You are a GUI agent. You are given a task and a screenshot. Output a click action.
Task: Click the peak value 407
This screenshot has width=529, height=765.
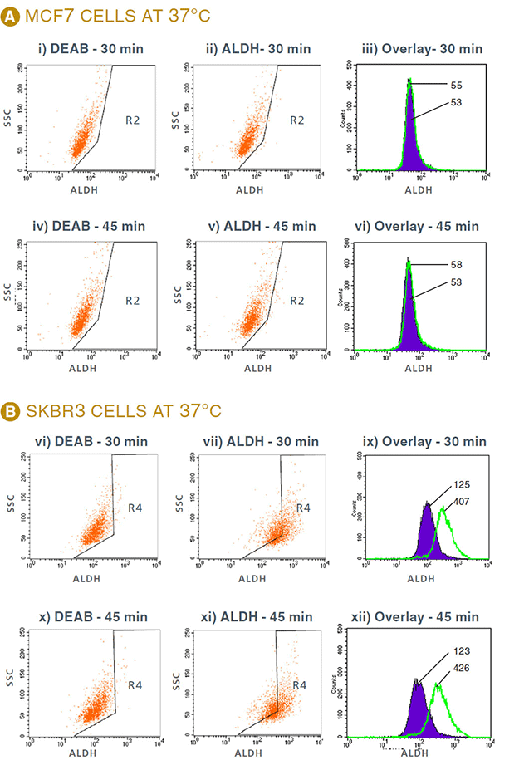(461, 501)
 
